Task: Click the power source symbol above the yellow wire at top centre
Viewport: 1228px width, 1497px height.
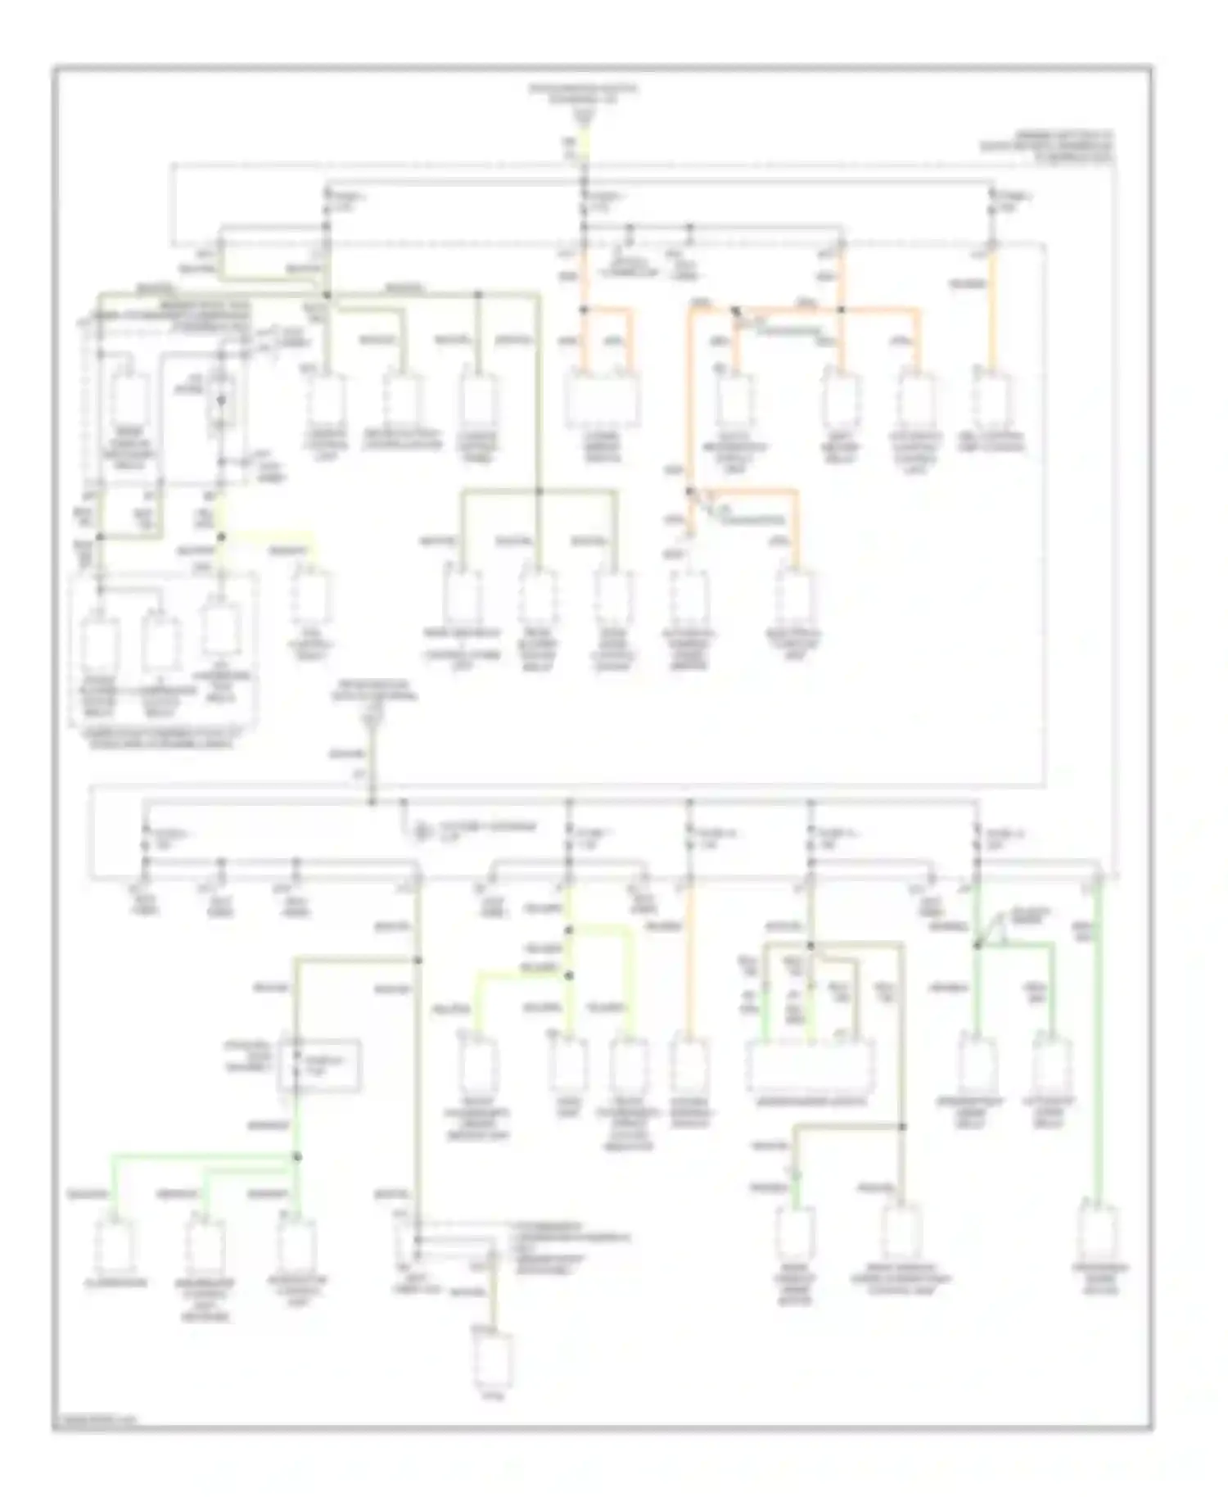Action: point(583,115)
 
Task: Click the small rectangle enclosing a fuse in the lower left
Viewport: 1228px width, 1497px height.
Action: point(319,1065)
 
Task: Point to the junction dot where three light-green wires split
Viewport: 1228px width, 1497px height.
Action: point(297,1157)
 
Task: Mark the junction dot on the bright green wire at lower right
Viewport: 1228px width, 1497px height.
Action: point(976,945)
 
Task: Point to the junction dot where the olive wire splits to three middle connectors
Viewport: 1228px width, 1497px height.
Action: point(538,491)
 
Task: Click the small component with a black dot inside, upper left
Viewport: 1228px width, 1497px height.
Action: point(220,401)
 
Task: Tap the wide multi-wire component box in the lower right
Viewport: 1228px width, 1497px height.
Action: point(810,1067)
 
